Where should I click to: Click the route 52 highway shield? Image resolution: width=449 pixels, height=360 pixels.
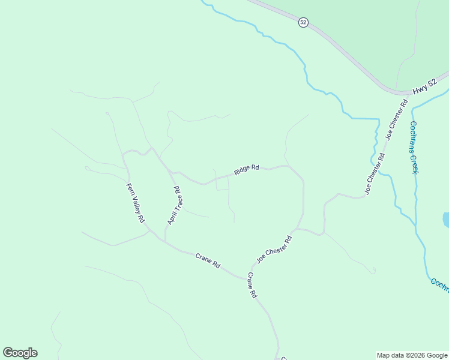[303, 22]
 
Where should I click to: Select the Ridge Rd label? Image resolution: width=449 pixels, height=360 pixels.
[246, 170]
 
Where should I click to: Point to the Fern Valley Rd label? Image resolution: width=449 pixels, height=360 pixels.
[136, 203]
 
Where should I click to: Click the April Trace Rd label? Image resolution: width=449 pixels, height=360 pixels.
[174, 206]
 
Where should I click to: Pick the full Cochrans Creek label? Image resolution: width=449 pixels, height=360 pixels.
[413, 148]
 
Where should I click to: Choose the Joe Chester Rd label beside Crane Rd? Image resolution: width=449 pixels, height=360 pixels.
[274, 250]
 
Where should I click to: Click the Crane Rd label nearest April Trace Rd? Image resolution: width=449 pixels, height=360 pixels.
[208, 260]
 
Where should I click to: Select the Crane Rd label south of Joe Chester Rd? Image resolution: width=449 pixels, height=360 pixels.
[252, 286]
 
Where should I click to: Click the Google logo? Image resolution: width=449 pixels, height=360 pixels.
[20, 353]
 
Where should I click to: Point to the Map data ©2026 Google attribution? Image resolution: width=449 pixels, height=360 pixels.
[412, 355]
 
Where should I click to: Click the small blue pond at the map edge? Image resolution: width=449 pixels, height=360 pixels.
[446, 220]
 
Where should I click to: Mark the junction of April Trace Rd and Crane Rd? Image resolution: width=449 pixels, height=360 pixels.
[165, 242]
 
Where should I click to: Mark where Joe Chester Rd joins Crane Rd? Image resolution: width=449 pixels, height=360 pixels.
[249, 277]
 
